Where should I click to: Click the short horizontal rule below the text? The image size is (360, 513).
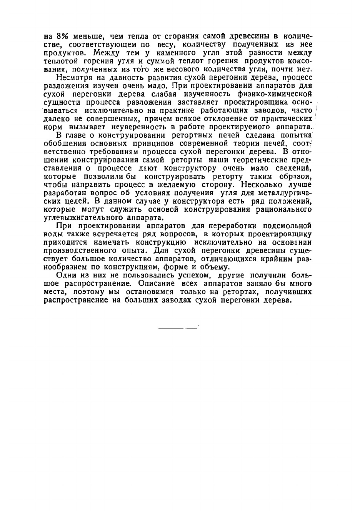[178, 328]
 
